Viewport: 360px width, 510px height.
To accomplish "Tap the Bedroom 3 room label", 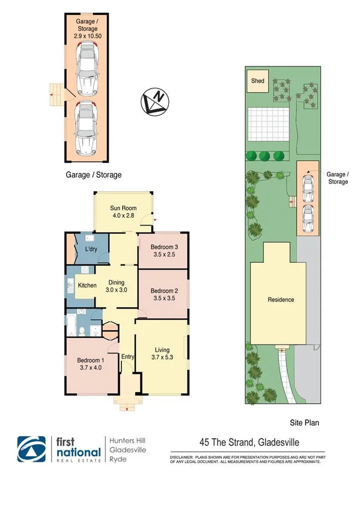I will [162, 247].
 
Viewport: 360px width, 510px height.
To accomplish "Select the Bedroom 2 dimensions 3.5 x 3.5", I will [162, 297].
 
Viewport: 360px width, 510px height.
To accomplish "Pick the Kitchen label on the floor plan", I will [87, 285].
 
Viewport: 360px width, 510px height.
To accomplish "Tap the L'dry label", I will [91, 249].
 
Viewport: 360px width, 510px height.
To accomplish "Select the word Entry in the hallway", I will [127, 357].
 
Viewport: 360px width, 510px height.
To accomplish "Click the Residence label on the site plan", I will [281, 299].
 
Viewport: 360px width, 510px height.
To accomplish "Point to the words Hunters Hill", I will [127, 440].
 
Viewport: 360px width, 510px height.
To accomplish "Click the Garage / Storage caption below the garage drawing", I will [93, 175].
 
